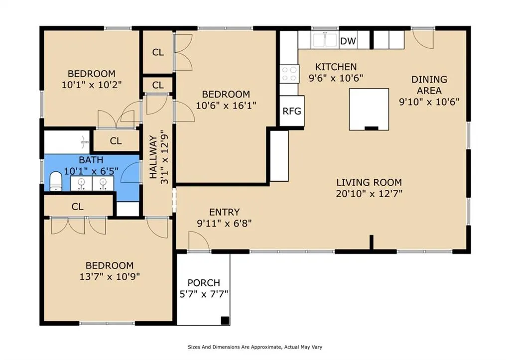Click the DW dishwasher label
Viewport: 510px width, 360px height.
(348, 41)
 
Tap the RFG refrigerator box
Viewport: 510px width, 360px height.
(292, 111)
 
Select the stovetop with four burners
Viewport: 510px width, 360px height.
(289, 74)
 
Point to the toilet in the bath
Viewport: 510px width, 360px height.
(56, 181)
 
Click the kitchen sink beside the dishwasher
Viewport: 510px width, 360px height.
(325, 40)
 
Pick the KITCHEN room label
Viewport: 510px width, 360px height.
(336, 67)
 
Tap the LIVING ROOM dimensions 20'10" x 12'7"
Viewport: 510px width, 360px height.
(369, 194)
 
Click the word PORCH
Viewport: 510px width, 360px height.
(204, 283)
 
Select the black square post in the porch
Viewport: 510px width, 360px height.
(225, 320)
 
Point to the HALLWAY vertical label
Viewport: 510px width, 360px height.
(153, 157)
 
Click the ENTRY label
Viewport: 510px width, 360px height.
(224, 212)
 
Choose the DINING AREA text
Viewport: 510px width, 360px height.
(429, 85)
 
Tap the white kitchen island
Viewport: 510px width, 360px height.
(369, 109)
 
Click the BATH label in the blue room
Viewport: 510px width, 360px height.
(91, 160)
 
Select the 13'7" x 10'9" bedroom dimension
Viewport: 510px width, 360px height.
(110, 277)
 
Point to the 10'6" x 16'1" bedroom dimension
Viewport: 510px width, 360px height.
(226, 106)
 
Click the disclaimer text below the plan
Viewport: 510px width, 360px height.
(255, 347)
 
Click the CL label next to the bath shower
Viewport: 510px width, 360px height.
(116, 141)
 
